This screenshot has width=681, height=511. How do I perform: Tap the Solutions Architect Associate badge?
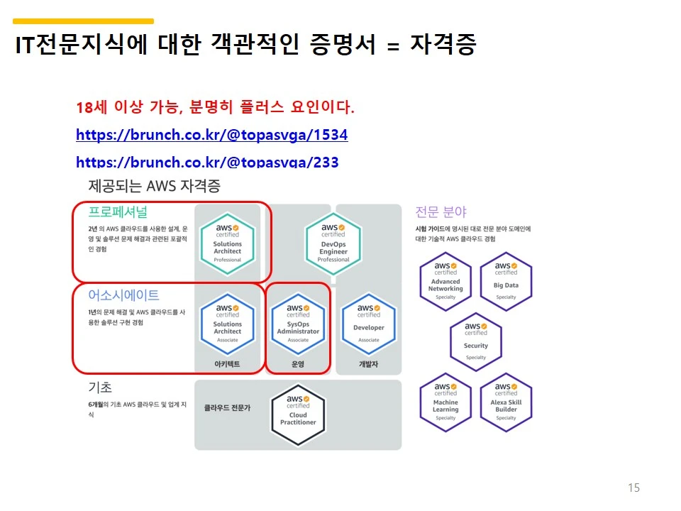click(227, 324)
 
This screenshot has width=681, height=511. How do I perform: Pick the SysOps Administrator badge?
click(298, 324)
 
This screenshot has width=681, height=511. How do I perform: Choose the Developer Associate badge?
click(368, 324)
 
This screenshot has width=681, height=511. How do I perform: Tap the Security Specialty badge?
click(476, 341)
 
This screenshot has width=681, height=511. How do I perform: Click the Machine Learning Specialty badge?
click(445, 402)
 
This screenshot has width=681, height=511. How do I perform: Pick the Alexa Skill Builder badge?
click(506, 402)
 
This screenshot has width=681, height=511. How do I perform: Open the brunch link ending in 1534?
click(211, 135)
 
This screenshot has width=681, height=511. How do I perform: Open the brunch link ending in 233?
click(206, 162)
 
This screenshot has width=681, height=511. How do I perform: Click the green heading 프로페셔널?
click(118, 211)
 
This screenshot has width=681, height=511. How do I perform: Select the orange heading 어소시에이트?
click(123, 295)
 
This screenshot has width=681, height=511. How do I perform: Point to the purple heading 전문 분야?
click(441, 211)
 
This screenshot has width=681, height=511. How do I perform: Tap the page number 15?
click(633, 488)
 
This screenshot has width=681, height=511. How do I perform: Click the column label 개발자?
click(368, 365)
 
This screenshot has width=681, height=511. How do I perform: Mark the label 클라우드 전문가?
click(227, 408)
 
